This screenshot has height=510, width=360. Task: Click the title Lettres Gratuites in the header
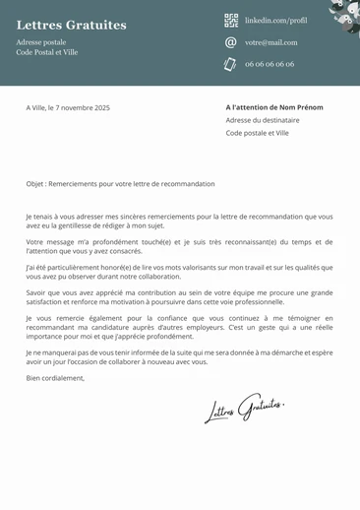tap(72, 25)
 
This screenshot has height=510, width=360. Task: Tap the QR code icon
tap(231, 20)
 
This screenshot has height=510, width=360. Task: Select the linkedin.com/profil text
tap(275, 20)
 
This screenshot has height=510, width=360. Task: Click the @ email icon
tap(231, 42)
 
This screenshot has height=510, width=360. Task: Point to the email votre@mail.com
tap(270, 42)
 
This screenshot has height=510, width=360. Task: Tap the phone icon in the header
tap(231, 64)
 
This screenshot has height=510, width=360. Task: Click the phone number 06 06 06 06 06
tap(270, 64)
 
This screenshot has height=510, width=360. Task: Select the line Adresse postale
tap(41, 42)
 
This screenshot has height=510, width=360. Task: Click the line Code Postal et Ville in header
tap(47, 52)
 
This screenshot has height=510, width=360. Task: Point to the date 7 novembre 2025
tap(86, 107)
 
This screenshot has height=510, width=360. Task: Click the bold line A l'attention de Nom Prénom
tap(274, 107)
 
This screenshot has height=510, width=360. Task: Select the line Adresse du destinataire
tap(263, 120)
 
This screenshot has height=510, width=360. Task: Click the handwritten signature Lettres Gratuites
tap(244, 409)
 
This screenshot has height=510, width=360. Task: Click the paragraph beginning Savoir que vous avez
tap(179, 296)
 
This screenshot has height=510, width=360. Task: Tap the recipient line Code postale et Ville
tap(258, 133)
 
